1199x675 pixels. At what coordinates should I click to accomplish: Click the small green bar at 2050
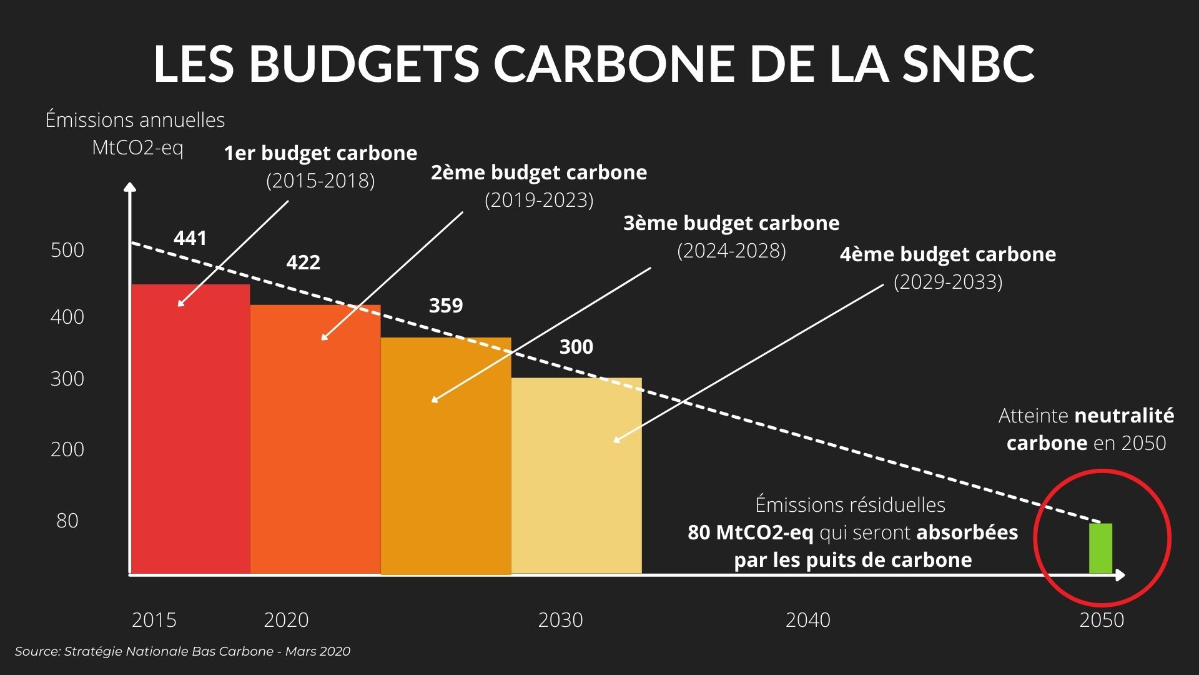(x=1100, y=549)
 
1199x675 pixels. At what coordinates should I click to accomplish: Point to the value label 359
(x=446, y=306)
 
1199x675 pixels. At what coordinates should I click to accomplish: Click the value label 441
(x=190, y=238)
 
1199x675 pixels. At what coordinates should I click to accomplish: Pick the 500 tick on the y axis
(x=67, y=250)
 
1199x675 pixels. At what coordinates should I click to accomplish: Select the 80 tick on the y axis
(x=67, y=521)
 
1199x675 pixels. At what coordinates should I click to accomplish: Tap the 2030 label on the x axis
(x=560, y=620)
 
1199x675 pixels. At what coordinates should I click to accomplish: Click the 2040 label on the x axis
(x=807, y=620)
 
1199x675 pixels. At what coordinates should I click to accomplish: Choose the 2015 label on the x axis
(x=154, y=620)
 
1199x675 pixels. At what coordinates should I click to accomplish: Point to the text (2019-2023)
(x=539, y=200)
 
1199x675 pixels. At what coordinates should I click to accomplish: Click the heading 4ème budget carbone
(x=947, y=254)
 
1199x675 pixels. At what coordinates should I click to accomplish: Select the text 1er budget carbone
(x=320, y=153)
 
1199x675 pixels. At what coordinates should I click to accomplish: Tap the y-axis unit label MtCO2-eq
(x=137, y=148)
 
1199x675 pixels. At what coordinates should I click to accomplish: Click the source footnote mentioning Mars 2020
(x=182, y=651)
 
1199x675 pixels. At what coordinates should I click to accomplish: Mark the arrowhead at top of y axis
(x=130, y=187)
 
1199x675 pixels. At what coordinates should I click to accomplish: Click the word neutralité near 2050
(x=1124, y=416)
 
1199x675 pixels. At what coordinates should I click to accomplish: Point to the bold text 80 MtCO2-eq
(x=750, y=532)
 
